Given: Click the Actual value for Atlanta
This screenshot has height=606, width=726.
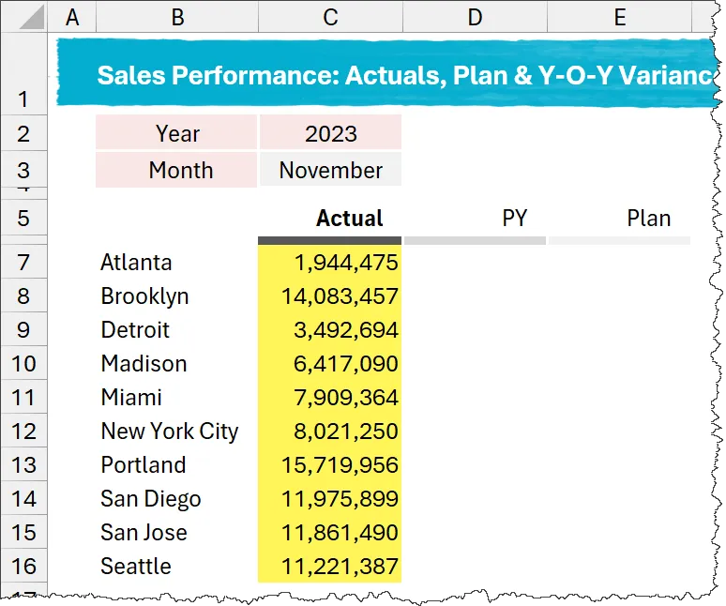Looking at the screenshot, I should point(346,263).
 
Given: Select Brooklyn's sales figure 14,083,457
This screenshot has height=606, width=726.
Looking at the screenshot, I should point(340,296).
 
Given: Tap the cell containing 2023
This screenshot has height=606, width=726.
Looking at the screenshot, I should point(330,133).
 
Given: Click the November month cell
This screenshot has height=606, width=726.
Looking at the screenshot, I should point(330,171).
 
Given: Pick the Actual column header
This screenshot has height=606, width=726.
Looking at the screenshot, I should point(349,219).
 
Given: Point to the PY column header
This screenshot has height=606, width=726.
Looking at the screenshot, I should point(514,219).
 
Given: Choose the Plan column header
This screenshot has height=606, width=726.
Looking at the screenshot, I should point(649,219).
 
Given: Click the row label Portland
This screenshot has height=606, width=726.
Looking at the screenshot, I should point(144,465).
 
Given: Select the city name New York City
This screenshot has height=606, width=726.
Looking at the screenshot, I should point(170,432).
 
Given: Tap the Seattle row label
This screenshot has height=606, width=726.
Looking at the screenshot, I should point(136,567).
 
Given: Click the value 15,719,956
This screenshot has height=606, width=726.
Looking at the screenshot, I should point(340,465).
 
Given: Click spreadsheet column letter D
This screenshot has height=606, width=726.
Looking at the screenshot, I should point(475,17).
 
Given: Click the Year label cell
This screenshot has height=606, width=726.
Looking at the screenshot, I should point(177,133).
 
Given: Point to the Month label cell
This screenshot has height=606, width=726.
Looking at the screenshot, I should point(180,171).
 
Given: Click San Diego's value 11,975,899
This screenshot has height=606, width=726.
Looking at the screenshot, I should point(340,499).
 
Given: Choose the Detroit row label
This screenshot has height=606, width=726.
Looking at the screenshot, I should point(135,330).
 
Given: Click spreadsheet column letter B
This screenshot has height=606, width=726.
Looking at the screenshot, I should point(176,17).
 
